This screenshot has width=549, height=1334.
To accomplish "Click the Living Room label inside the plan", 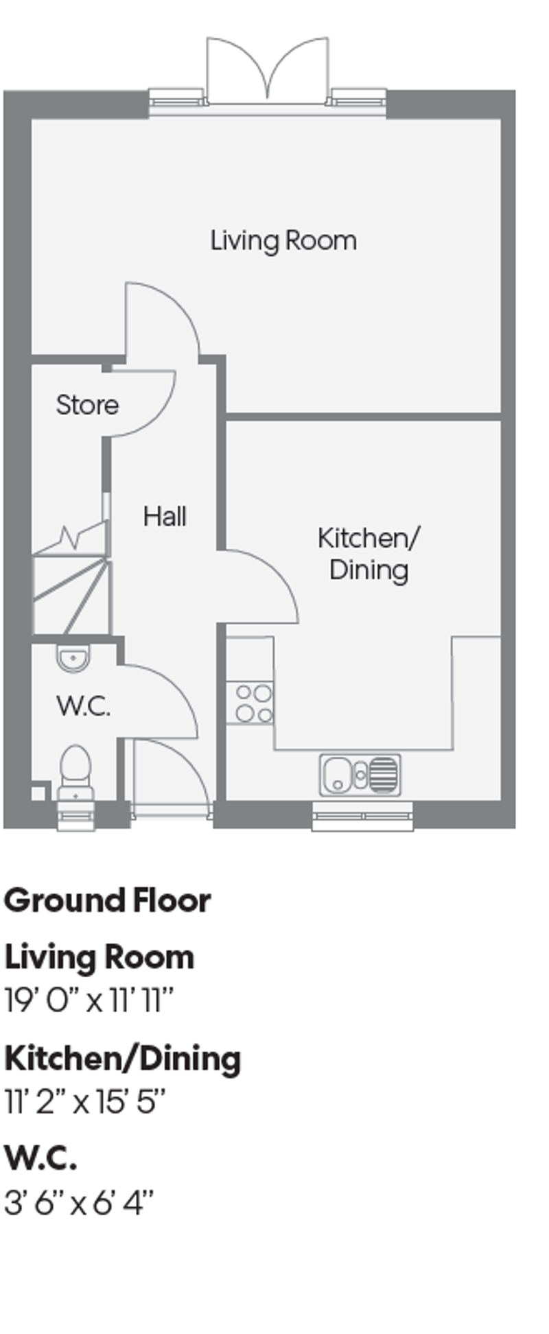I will (283, 241).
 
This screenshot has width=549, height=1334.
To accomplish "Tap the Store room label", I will (87, 405).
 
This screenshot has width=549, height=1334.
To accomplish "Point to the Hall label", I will (165, 516).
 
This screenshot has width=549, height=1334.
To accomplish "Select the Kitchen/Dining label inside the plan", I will (369, 554).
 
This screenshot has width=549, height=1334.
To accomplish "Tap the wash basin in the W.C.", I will (73, 659).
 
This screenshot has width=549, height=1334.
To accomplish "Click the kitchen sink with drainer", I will (360, 774).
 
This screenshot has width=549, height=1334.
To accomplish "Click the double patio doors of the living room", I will (268, 72).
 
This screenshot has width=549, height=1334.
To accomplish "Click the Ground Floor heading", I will (107, 900).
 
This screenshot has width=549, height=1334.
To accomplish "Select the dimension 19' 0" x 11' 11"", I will (89, 1000).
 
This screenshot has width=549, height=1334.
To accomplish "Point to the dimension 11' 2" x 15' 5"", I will (86, 1102).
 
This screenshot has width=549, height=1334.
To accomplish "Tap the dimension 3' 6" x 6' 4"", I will (79, 1203).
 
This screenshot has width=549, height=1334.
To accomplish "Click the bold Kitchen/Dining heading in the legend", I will (123, 1058).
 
